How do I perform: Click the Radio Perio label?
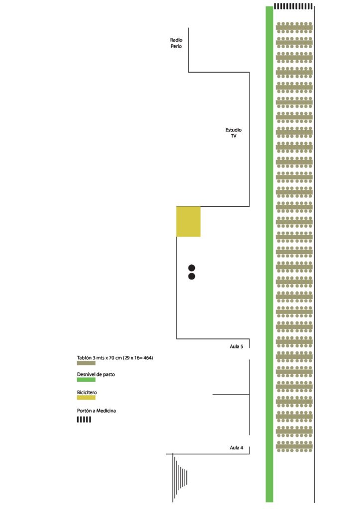click(x=176, y=43)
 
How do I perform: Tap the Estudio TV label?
click(x=233, y=133)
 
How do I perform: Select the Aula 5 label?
click(x=236, y=346)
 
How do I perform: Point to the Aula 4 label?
click(x=236, y=448)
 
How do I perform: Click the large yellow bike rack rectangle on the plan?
click(x=188, y=221)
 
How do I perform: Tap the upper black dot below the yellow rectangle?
click(x=191, y=268)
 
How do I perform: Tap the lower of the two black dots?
click(x=191, y=276)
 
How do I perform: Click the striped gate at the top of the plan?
click(x=293, y=6)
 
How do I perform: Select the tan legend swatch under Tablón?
click(x=86, y=363)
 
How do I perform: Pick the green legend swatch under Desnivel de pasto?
click(x=86, y=379)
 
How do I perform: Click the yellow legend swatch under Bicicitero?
click(x=86, y=397)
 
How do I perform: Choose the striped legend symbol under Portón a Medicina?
click(x=84, y=420)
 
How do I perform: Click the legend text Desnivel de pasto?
click(x=96, y=374)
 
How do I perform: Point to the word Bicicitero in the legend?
click(x=87, y=393)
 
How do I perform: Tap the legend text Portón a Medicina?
click(x=96, y=411)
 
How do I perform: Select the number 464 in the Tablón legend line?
click(x=147, y=358)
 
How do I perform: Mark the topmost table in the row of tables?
click(x=294, y=27)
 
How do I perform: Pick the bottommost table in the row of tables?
click(x=294, y=446)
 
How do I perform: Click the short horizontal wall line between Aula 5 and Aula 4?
click(x=231, y=394)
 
